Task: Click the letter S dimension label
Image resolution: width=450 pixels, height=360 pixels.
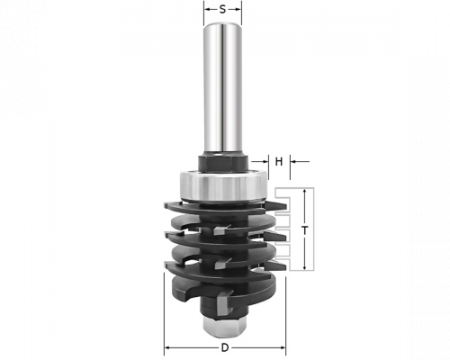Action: (222, 10)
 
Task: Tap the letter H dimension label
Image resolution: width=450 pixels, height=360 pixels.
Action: (279, 162)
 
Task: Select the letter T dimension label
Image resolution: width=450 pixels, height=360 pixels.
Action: (304, 230)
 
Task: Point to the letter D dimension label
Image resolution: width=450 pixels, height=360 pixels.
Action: (225, 348)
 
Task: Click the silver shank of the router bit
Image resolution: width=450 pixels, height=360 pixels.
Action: (222, 88)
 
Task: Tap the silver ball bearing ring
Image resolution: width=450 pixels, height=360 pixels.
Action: (223, 186)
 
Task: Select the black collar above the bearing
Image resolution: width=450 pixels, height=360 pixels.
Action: (223, 163)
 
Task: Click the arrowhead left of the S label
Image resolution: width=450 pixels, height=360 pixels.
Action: (208, 10)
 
